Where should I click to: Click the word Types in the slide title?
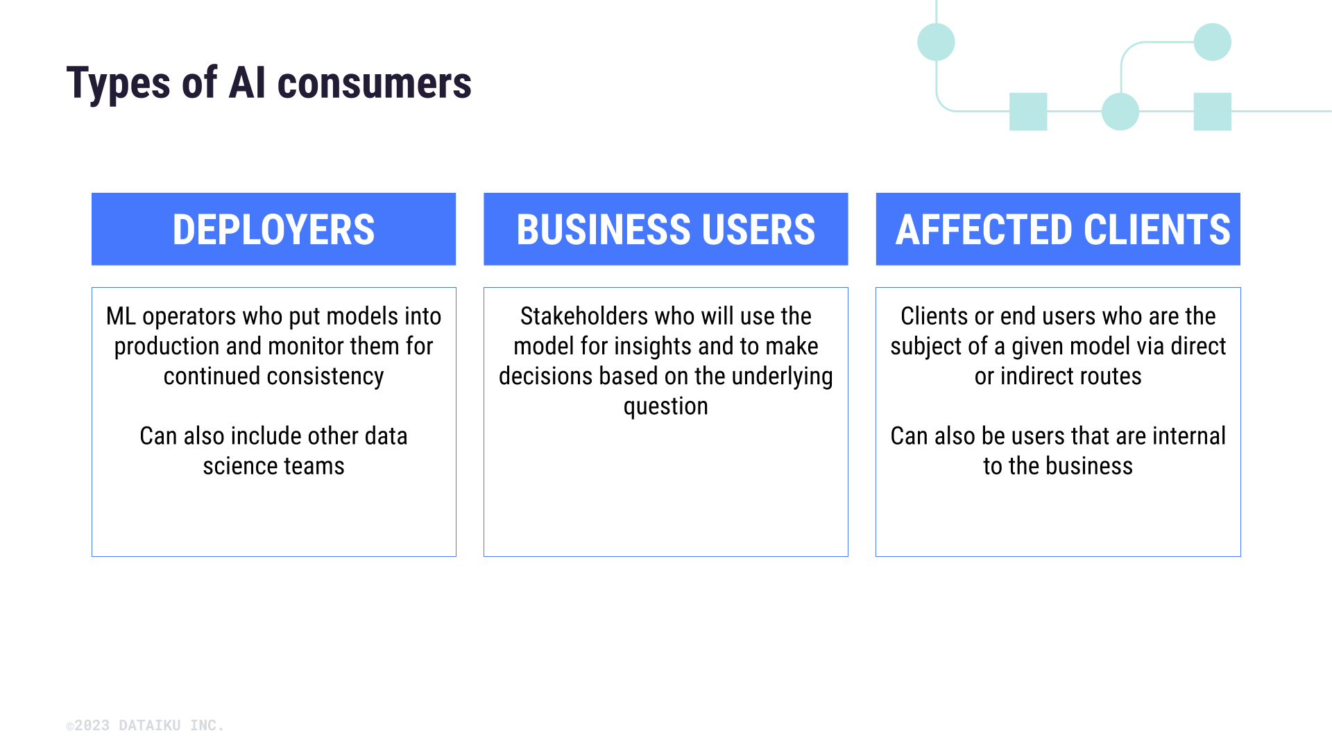click(118, 84)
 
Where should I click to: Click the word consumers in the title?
click(374, 84)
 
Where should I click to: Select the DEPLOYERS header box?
click(273, 230)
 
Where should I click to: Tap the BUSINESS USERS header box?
click(665, 230)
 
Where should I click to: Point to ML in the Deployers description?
click(121, 316)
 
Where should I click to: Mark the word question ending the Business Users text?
click(665, 406)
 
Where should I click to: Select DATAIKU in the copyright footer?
click(149, 725)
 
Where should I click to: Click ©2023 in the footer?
click(88, 725)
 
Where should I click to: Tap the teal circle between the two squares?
click(1120, 112)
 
